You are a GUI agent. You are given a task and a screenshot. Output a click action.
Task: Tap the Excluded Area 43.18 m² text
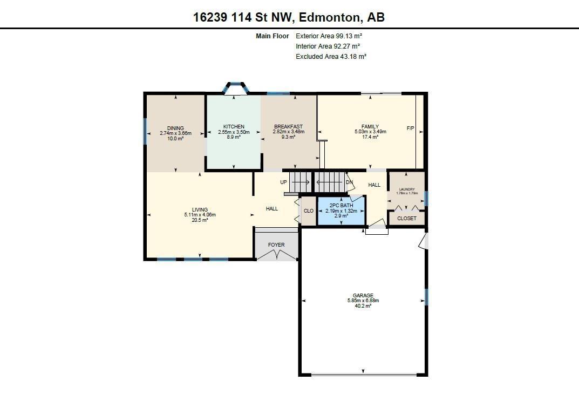tap(331, 57)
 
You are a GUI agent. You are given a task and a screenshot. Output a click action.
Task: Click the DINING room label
tap(175, 128)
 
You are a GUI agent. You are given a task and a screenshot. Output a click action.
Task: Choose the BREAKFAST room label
tap(288, 127)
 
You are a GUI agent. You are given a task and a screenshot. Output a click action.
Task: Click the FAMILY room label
tap(370, 127)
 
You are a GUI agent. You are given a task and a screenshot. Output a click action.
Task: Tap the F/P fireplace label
tap(410, 128)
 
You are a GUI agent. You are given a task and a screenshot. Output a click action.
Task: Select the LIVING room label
tap(200, 210)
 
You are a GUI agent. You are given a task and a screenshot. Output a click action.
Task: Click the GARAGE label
tap(363, 296)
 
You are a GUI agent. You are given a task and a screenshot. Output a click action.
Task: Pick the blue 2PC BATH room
tap(341, 211)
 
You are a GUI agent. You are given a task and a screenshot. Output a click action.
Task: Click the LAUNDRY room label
tap(407, 189)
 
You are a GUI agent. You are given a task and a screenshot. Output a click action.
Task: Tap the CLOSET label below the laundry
tap(407, 219)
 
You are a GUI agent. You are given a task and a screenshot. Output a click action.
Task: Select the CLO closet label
tap(309, 211)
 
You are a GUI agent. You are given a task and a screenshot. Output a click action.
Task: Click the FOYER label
tap(276, 245)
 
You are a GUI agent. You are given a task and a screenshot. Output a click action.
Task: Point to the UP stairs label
tap(283, 182)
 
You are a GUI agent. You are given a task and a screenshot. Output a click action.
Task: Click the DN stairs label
tap(349, 182)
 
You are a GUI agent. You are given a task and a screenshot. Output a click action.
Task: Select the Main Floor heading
tap(272, 36)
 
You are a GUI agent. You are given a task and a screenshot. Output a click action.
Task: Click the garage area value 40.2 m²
tap(363, 306)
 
